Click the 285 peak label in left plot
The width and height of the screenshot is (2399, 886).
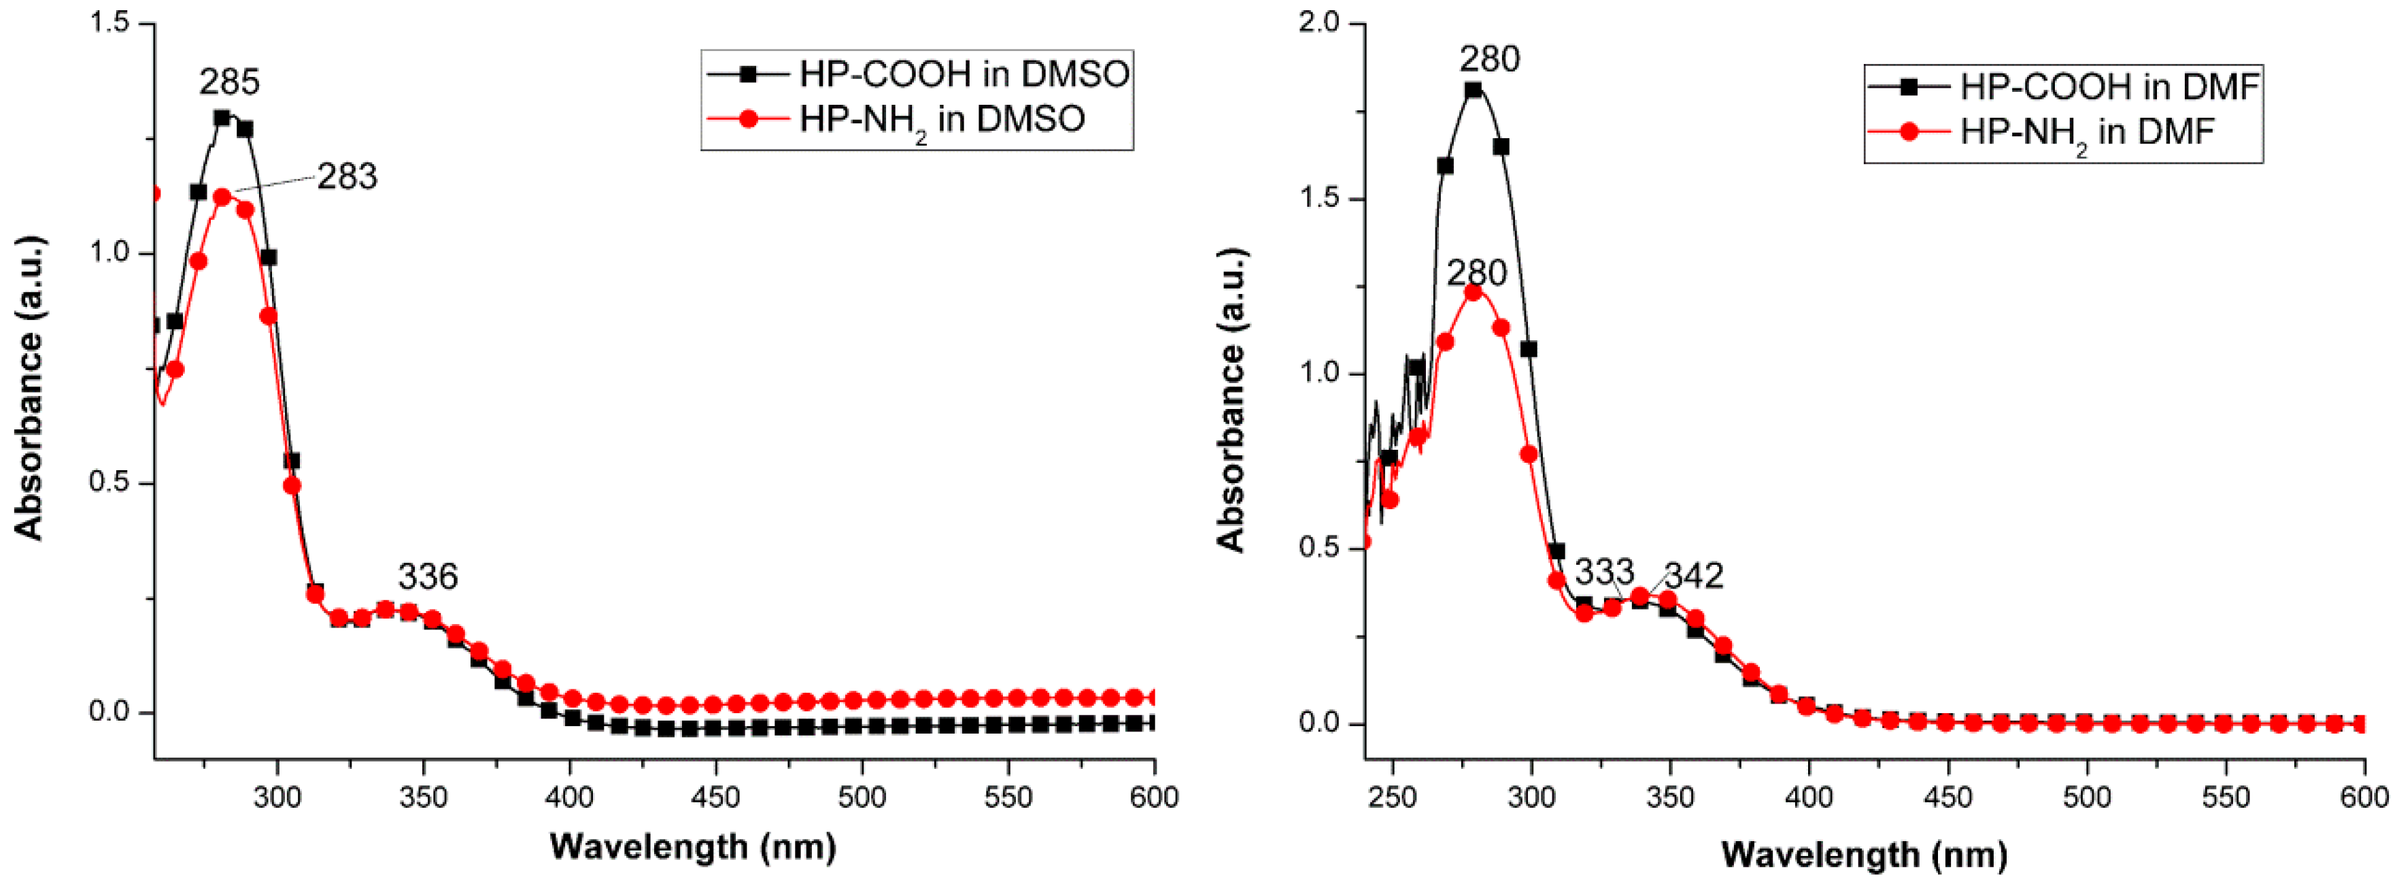point(229,83)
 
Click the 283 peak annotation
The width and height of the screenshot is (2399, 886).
point(347,177)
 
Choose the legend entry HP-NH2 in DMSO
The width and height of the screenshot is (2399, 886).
point(942,119)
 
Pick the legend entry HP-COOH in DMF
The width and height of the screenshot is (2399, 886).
point(2109,86)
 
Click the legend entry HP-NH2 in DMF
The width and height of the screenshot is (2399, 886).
point(2086,132)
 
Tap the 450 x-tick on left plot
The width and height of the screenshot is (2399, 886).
point(716,798)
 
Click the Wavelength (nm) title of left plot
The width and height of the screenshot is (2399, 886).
point(693,847)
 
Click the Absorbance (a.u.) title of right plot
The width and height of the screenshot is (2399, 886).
point(1231,401)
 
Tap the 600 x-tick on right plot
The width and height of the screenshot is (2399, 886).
point(2364,798)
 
